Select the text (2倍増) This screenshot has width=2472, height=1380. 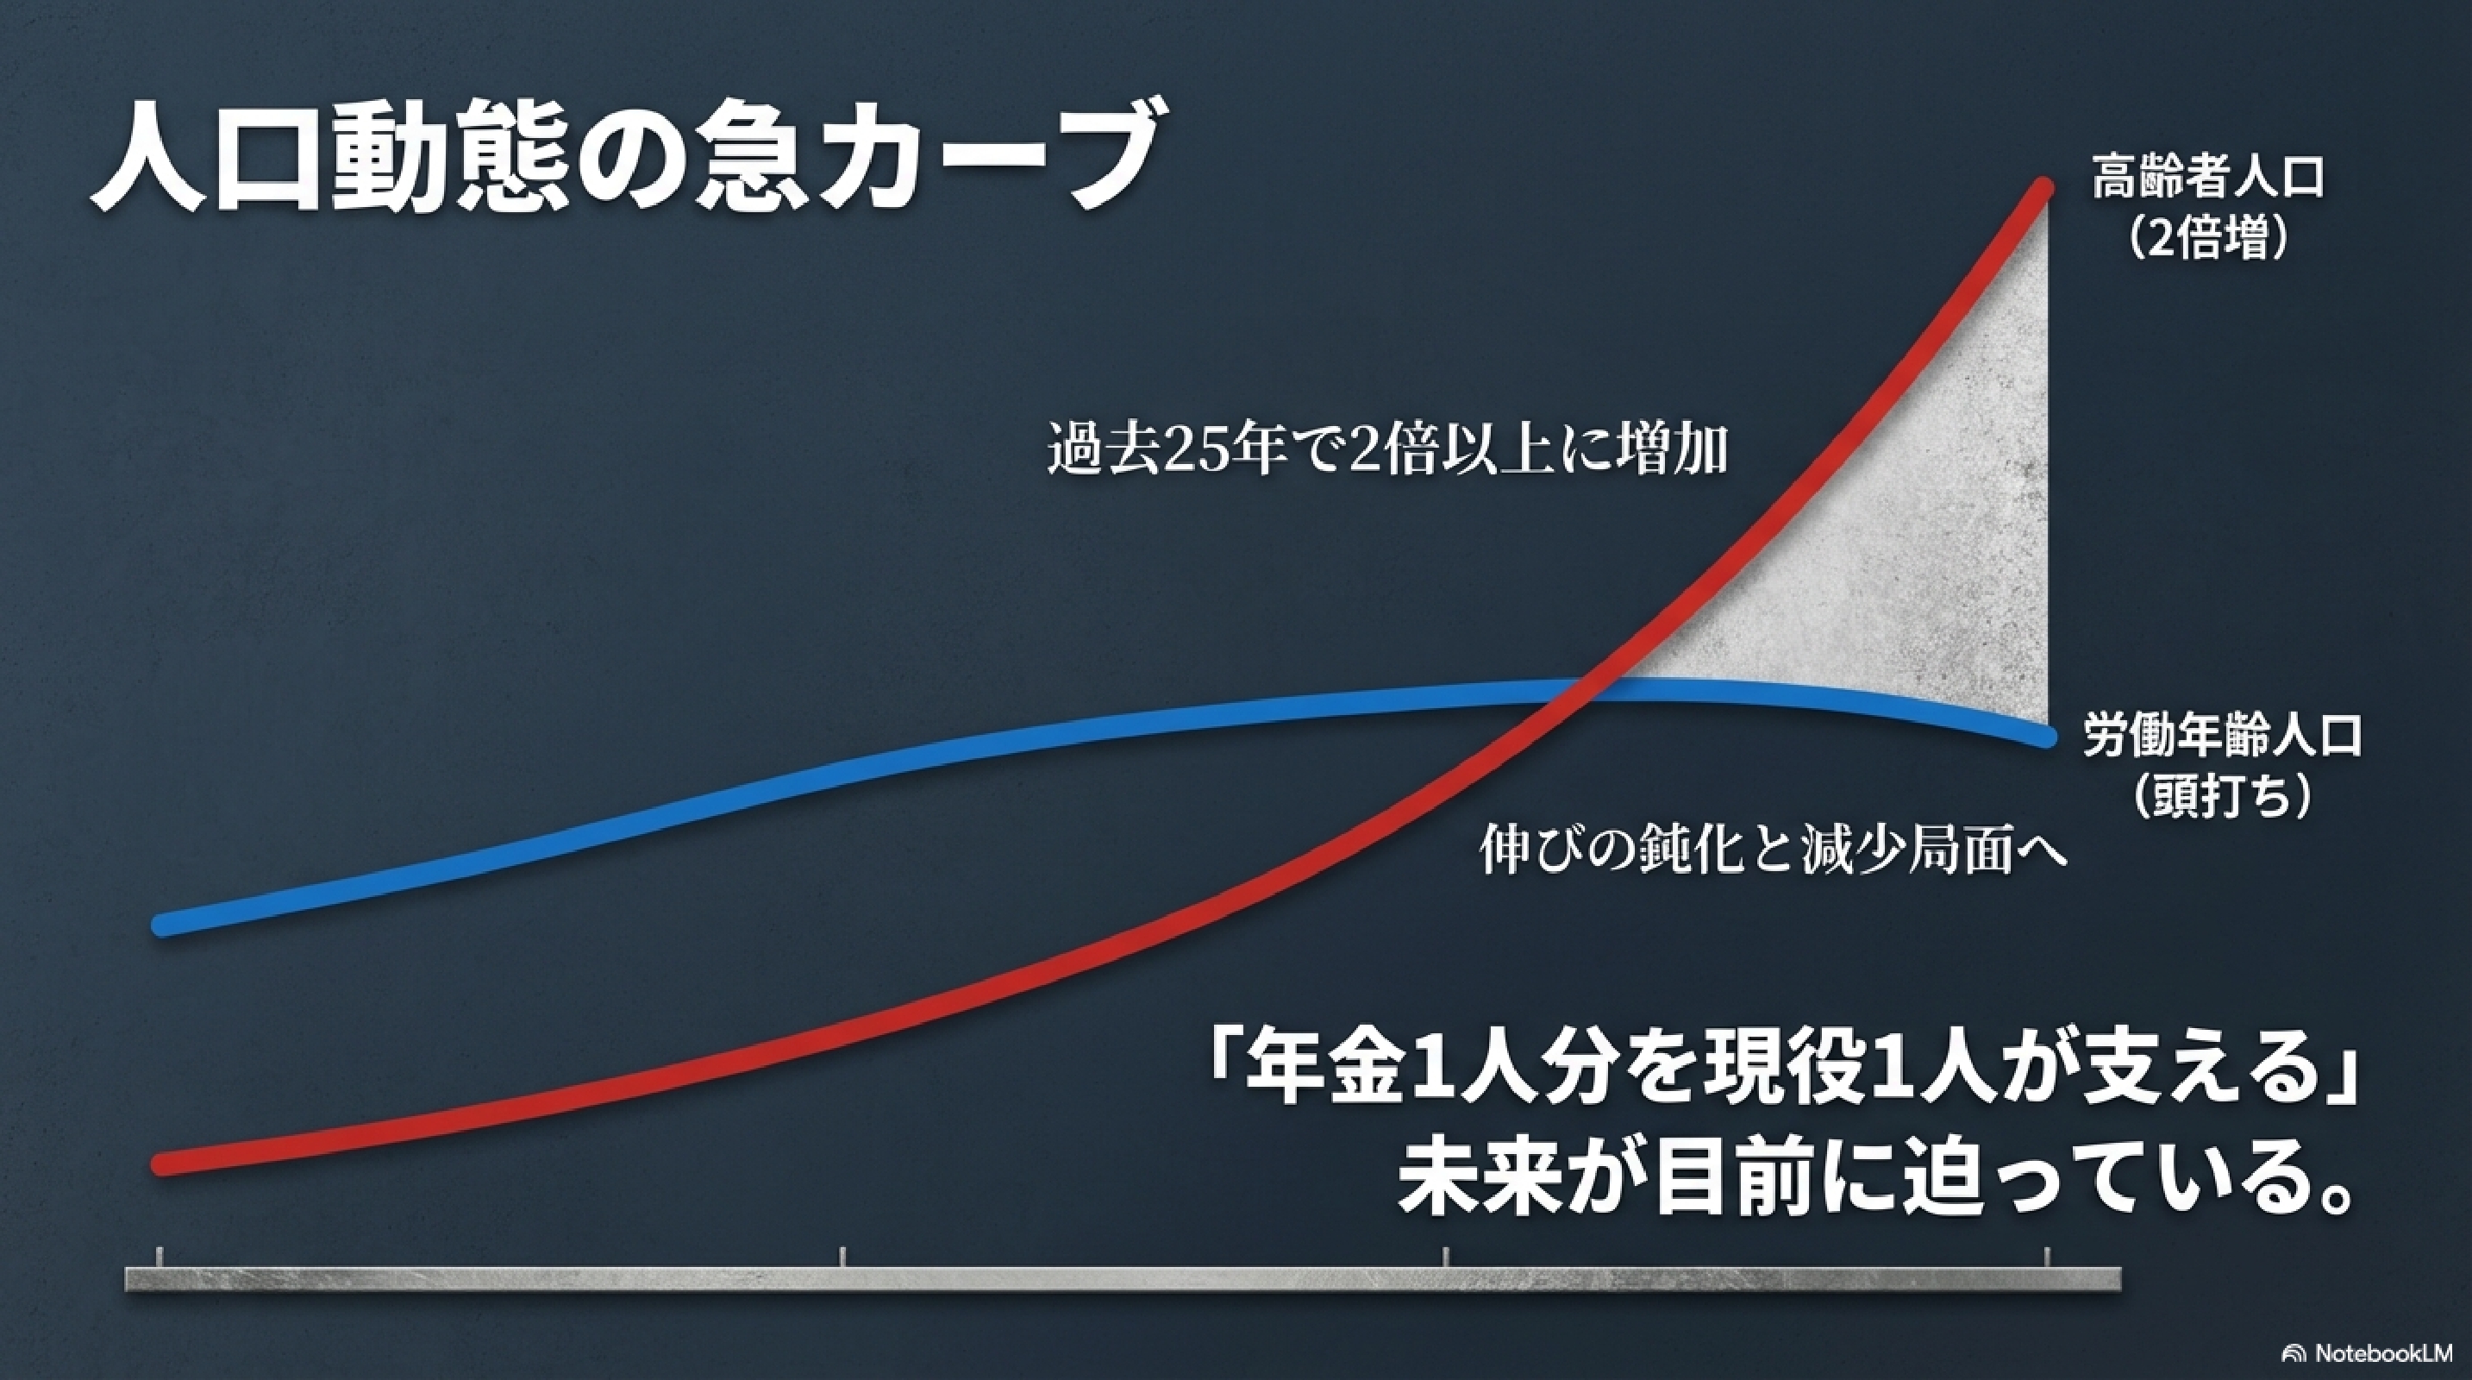point(2207,240)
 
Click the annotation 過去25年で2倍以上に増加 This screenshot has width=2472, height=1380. point(1386,451)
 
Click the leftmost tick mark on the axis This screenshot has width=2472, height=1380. point(160,1258)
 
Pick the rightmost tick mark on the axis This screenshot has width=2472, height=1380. point(2046,1258)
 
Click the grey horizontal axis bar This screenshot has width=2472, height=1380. point(1123,1279)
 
